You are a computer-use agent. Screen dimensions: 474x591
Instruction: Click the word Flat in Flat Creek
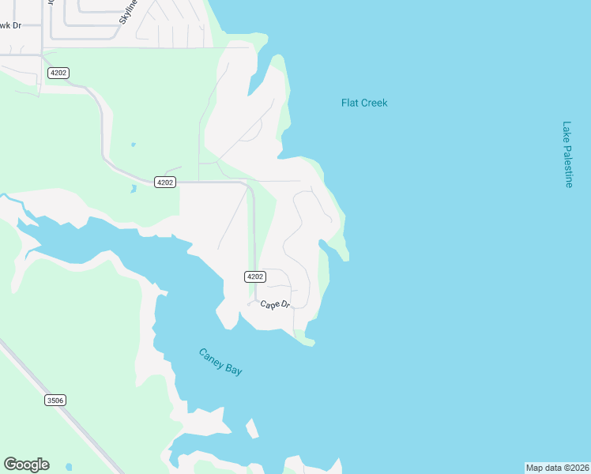tap(351, 103)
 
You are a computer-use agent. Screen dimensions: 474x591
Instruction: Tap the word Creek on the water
tap(375, 103)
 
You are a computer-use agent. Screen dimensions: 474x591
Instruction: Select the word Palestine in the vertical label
tap(567, 165)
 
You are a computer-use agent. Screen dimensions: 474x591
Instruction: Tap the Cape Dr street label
tap(275, 305)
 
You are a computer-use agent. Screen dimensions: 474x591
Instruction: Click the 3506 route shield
tap(55, 401)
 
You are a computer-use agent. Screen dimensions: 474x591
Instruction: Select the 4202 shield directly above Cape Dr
tap(254, 276)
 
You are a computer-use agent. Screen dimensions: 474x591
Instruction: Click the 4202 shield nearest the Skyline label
tap(58, 73)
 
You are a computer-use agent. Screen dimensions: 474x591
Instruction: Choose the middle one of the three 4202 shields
tap(164, 182)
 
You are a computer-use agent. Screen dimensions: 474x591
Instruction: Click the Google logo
tap(26, 465)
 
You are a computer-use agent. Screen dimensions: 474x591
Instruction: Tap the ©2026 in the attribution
tap(577, 468)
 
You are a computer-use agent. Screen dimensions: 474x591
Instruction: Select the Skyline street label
tap(129, 11)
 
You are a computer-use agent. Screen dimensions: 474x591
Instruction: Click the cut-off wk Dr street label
tap(10, 24)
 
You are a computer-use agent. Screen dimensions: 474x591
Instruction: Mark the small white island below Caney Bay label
tap(252, 429)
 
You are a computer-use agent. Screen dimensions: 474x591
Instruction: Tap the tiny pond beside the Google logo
tap(69, 466)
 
